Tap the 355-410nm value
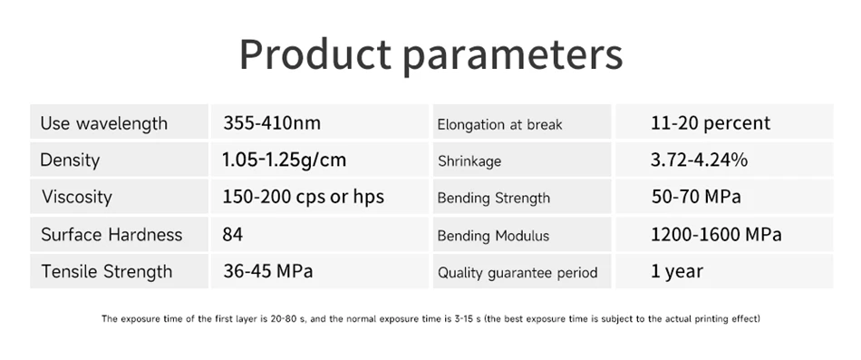point(272,122)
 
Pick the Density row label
point(70,160)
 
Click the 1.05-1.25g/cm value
point(285,160)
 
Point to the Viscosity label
point(77,197)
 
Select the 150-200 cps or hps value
point(303,197)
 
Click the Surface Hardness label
point(111,235)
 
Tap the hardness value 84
point(233,235)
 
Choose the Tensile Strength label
point(107,271)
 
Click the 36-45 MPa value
point(268,271)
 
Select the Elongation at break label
point(499,125)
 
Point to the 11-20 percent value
point(711,123)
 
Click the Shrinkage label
point(469,161)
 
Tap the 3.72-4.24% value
point(699,160)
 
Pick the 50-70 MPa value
point(696,197)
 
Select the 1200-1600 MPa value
point(716,235)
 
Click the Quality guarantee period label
point(518,273)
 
